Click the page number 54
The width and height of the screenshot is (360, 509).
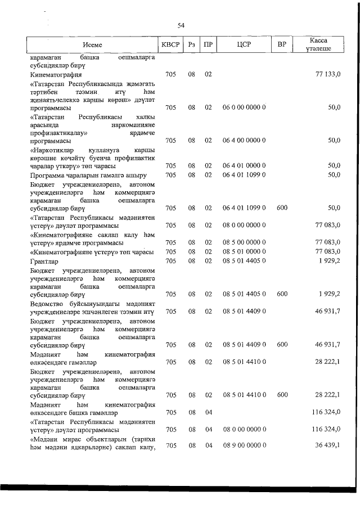tap(181, 25)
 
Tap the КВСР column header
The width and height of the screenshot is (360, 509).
tap(171, 45)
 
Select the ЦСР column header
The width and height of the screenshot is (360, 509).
tap(244, 45)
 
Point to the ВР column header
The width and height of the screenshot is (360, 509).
tap(282, 45)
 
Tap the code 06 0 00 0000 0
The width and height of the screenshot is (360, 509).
tap(244, 107)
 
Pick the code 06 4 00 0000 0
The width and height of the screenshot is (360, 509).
tap(244, 141)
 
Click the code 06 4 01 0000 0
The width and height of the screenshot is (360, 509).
tap(244, 166)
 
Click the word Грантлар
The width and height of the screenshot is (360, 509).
tap(42, 262)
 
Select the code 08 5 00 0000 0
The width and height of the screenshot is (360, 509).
tap(244, 242)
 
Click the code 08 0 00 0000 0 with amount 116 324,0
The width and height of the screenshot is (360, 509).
tap(244, 430)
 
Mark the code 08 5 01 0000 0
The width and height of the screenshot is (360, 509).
tap(244, 251)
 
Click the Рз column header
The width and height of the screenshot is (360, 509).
tap(192, 45)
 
